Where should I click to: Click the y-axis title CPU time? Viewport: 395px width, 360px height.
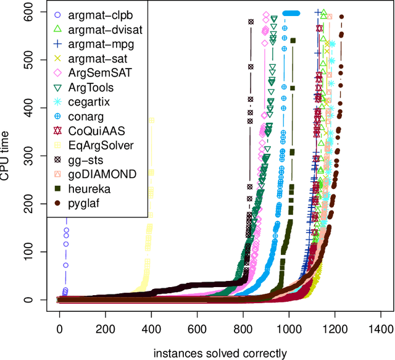[7, 156]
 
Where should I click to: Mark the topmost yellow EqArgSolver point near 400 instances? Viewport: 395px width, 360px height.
[151, 120]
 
